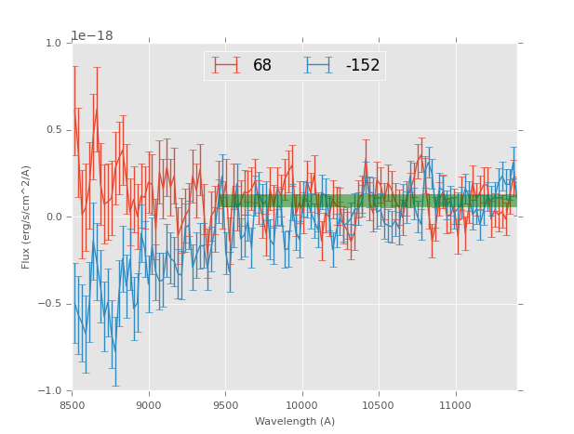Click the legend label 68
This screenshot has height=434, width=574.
pos(262,65)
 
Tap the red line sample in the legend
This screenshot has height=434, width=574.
pos(226,65)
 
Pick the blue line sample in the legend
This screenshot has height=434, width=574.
pos(318,65)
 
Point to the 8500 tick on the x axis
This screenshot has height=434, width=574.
pos(73,405)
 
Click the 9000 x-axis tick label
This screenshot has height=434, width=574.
pos(149,405)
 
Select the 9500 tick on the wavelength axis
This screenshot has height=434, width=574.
pos(225,405)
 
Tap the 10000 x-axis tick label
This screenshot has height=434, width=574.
pos(301,405)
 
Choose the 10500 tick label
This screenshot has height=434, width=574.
pos(379,405)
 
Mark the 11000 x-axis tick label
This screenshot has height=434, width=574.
pos(455,405)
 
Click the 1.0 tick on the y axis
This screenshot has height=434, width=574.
pos(53,43)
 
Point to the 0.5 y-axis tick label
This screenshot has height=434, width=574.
pos(53,130)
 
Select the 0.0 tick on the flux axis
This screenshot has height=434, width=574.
pos(53,217)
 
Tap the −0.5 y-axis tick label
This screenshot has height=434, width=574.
pos(50,304)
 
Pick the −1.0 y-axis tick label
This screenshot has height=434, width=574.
pos(50,391)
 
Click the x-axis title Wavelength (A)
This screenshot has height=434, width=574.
pos(295,421)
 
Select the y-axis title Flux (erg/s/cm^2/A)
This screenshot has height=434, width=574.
pos(27,217)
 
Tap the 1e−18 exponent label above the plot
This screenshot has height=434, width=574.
pos(92,36)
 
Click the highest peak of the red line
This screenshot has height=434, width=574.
pos(96,111)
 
